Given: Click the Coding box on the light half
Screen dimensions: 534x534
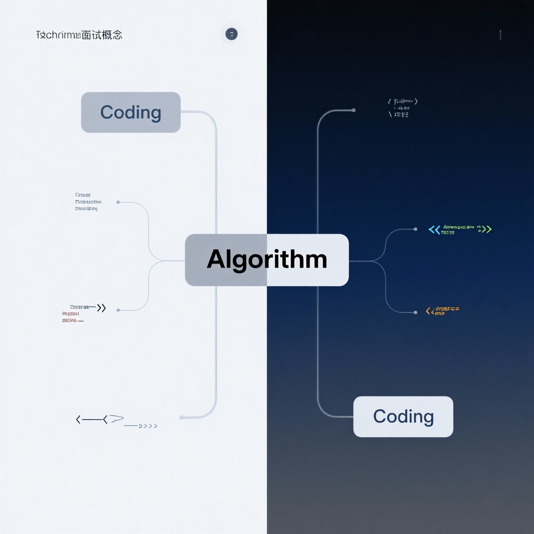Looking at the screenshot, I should tap(130, 112).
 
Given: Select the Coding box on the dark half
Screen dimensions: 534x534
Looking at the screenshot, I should tap(403, 416).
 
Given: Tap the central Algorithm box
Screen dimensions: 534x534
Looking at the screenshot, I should tap(266, 260).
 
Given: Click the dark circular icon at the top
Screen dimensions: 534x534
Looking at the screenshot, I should tap(231, 34).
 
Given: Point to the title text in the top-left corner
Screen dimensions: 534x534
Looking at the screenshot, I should tap(79, 35).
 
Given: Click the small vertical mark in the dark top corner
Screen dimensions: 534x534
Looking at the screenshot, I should tap(500, 35).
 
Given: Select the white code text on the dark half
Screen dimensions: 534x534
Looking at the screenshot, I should tap(403, 107).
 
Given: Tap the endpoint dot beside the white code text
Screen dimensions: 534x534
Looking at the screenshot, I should tap(354, 110).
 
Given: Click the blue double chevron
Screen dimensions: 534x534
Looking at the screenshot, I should tap(434, 229).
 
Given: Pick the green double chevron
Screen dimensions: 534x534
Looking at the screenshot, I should tap(487, 229).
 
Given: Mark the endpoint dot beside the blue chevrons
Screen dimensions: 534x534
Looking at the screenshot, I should tap(415, 229).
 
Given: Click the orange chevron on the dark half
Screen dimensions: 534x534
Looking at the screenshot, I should tap(429, 311).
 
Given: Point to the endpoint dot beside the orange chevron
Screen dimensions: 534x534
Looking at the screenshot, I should tap(415, 312).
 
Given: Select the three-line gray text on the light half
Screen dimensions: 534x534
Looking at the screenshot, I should tap(88, 202).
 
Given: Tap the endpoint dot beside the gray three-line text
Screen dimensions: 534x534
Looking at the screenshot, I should tap(118, 202).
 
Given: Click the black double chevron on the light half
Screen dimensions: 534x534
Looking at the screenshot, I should tap(101, 308).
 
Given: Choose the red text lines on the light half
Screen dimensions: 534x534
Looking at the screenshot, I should tap(72, 317).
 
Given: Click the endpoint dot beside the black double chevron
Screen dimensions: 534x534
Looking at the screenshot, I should tap(118, 310).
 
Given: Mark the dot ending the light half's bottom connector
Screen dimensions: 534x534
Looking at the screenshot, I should tap(181, 417).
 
